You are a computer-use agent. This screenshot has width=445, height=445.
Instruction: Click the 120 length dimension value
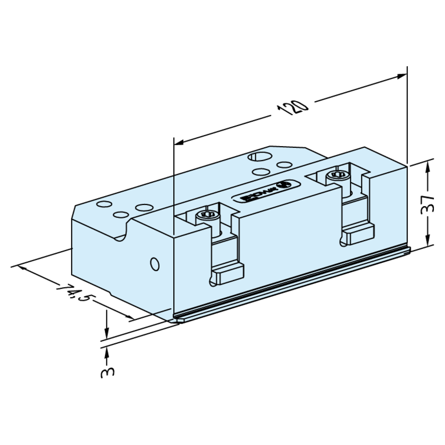pyautogui.click(x=292, y=109)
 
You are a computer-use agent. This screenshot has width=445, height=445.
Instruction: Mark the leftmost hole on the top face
pyautogui.click(x=103, y=204)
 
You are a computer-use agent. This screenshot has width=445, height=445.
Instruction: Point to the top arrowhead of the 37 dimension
pyautogui.click(x=426, y=165)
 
